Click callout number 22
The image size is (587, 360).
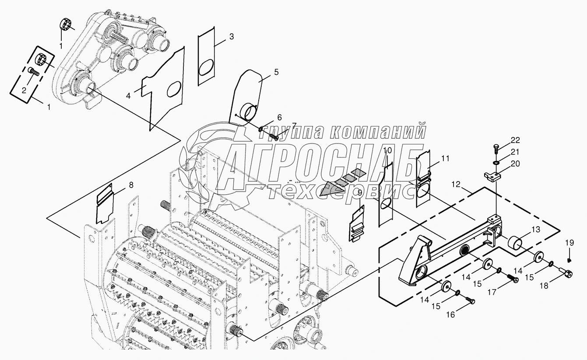click(515, 140)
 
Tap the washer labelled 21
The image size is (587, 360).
click(497, 162)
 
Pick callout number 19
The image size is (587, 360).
click(569, 243)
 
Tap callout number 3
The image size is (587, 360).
click(231, 37)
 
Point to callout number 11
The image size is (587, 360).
click(445, 159)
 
